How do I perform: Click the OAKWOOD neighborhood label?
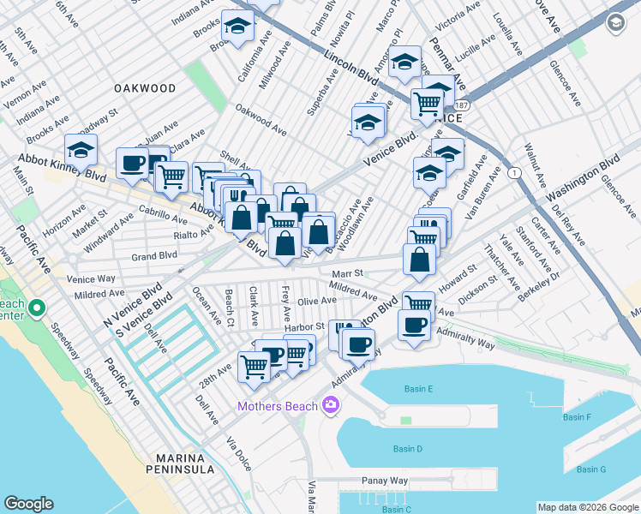[145, 88]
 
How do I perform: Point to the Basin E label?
[418, 389]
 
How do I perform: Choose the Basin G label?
[590, 469]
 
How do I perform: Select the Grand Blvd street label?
[154, 255]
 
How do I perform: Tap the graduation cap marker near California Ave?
[237, 26]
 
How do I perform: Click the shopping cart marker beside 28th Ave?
[255, 366]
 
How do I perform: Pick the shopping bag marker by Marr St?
[419, 260]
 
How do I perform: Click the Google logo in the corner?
[28, 504]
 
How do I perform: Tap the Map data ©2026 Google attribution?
[587, 507]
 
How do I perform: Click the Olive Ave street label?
[316, 301]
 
